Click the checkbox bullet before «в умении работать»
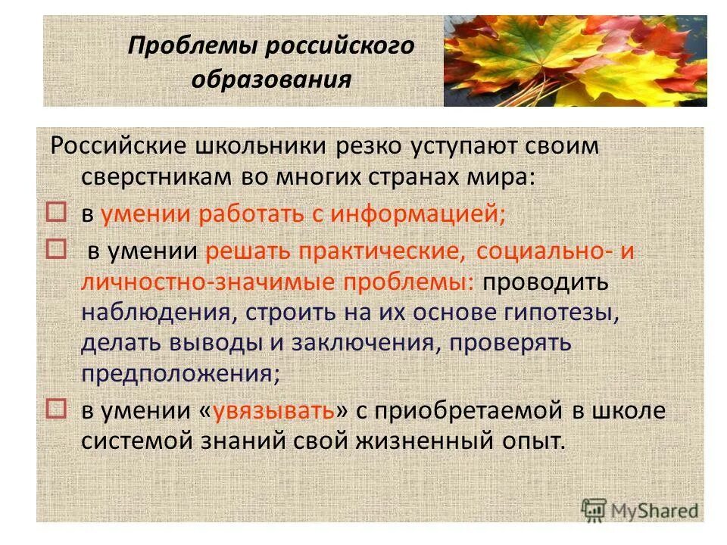(58, 212)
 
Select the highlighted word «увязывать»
(274, 410)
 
